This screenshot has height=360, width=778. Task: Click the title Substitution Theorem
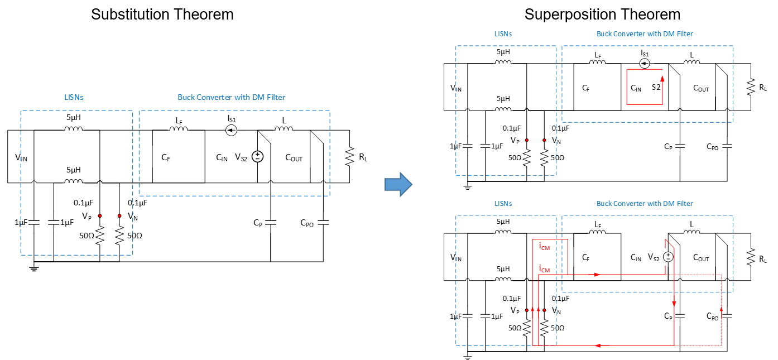(x=162, y=15)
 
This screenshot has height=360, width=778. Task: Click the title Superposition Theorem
(x=602, y=15)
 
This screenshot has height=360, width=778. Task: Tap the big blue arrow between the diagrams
(x=398, y=184)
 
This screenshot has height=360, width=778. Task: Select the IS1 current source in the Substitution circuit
(x=231, y=130)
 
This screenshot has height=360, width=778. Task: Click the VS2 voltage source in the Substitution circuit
(x=257, y=156)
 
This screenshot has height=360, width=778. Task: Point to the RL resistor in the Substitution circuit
(x=349, y=156)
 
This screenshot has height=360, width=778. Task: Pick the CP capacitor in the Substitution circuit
(x=271, y=222)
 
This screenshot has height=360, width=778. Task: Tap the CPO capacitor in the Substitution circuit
(x=323, y=222)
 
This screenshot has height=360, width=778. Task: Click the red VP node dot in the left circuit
(x=100, y=216)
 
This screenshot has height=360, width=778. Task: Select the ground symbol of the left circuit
(x=33, y=268)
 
